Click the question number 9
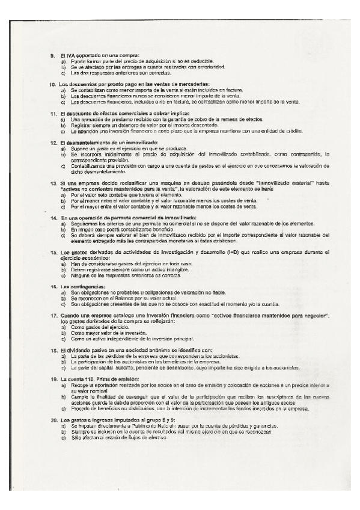click(53, 56)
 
